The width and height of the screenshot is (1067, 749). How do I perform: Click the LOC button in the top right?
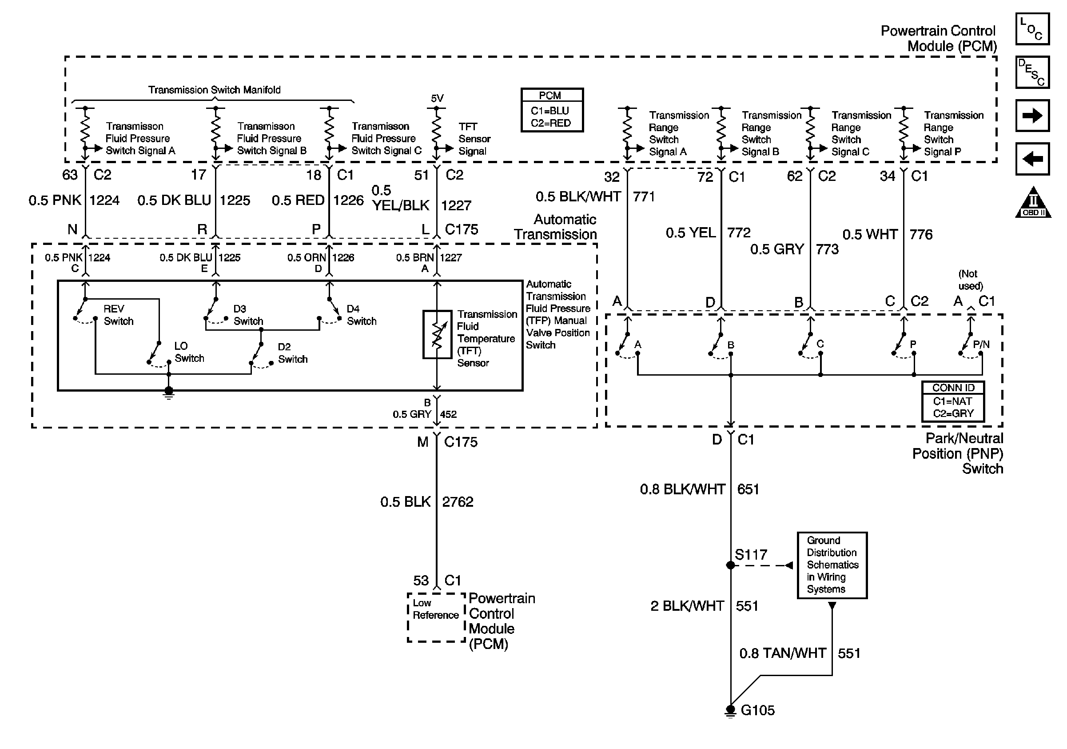tap(1032, 29)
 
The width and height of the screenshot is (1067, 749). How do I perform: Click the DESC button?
tap(1032, 72)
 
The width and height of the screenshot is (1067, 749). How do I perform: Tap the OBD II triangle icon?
tap(1033, 202)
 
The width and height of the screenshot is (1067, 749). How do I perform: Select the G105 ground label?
tap(757, 710)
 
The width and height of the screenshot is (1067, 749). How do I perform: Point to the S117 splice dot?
tap(731, 565)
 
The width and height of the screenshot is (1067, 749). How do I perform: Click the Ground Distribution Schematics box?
tap(832, 565)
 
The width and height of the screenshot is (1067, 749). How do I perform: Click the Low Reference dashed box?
tap(436, 617)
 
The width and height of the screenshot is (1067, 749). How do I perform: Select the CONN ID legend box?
tap(953, 401)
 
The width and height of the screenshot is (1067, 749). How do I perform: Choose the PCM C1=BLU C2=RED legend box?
tap(552, 110)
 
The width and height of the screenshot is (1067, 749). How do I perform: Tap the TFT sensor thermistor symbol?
tap(437, 335)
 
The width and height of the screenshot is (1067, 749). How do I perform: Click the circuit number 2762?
tap(458, 502)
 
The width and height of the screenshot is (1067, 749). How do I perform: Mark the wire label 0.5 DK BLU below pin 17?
tap(174, 200)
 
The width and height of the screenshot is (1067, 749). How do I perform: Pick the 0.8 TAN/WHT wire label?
tap(783, 653)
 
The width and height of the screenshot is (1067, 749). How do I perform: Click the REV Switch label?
tap(119, 315)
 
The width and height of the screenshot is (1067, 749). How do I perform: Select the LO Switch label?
tap(189, 352)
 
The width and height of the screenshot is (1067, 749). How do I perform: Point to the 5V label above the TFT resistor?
tap(437, 98)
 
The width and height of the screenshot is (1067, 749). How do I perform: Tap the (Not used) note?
tap(970, 280)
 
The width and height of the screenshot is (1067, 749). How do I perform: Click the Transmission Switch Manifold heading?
tap(214, 90)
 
